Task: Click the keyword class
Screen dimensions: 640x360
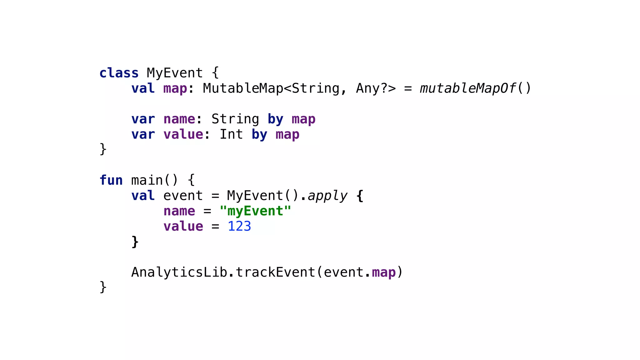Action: [x=119, y=73]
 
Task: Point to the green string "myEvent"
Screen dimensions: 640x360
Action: [x=255, y=211]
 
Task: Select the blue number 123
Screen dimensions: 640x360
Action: [x=239, y=226]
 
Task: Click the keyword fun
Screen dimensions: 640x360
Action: [x=111, y=180]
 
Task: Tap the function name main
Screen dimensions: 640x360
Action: [x=147, y=180]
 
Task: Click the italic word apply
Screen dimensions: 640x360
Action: [x=327, y=196]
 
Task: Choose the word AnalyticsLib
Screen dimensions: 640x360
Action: [x=179, y=272]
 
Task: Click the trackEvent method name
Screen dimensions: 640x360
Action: [x=275, y=272]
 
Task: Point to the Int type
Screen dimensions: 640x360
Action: [x=231, y=134]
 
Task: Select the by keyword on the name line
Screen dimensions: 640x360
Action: [x=275, y=119]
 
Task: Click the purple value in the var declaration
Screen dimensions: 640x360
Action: [x=183, y=134]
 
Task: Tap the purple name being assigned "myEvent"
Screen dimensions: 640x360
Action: [x=179, y=211]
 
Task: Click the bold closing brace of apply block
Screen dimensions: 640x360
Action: [x=135, y=242]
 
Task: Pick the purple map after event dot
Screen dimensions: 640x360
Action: [x=384, y=272]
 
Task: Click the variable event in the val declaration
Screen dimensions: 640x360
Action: [x=183, y=196]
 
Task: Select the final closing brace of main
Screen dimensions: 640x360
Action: [x=103, y=287]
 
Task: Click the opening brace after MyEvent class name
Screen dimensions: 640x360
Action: [x=215, y=73]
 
